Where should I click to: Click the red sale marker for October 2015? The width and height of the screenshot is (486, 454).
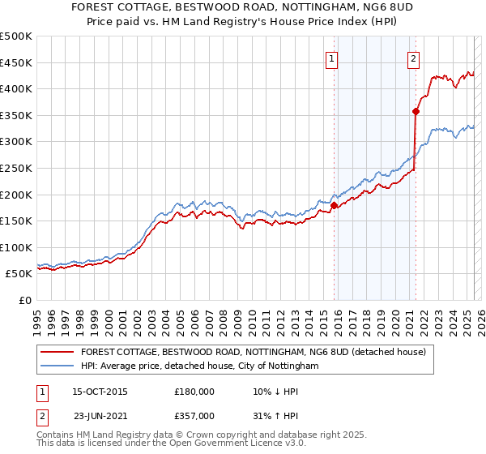(334, 205)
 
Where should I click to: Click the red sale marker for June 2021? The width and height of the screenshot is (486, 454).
(416, 111)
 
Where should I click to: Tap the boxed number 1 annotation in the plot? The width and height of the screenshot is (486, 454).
(332, 58)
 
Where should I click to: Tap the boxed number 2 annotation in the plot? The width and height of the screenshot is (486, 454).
(413, 58)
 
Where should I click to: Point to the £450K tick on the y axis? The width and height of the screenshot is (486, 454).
(16, 62)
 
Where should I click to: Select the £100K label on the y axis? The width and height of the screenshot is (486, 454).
(16, 248)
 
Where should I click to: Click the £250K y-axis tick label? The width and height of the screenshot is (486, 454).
(16, 169)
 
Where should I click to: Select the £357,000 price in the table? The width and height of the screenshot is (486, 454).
(194, 415)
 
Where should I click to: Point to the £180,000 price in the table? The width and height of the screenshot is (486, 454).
(194, 392)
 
